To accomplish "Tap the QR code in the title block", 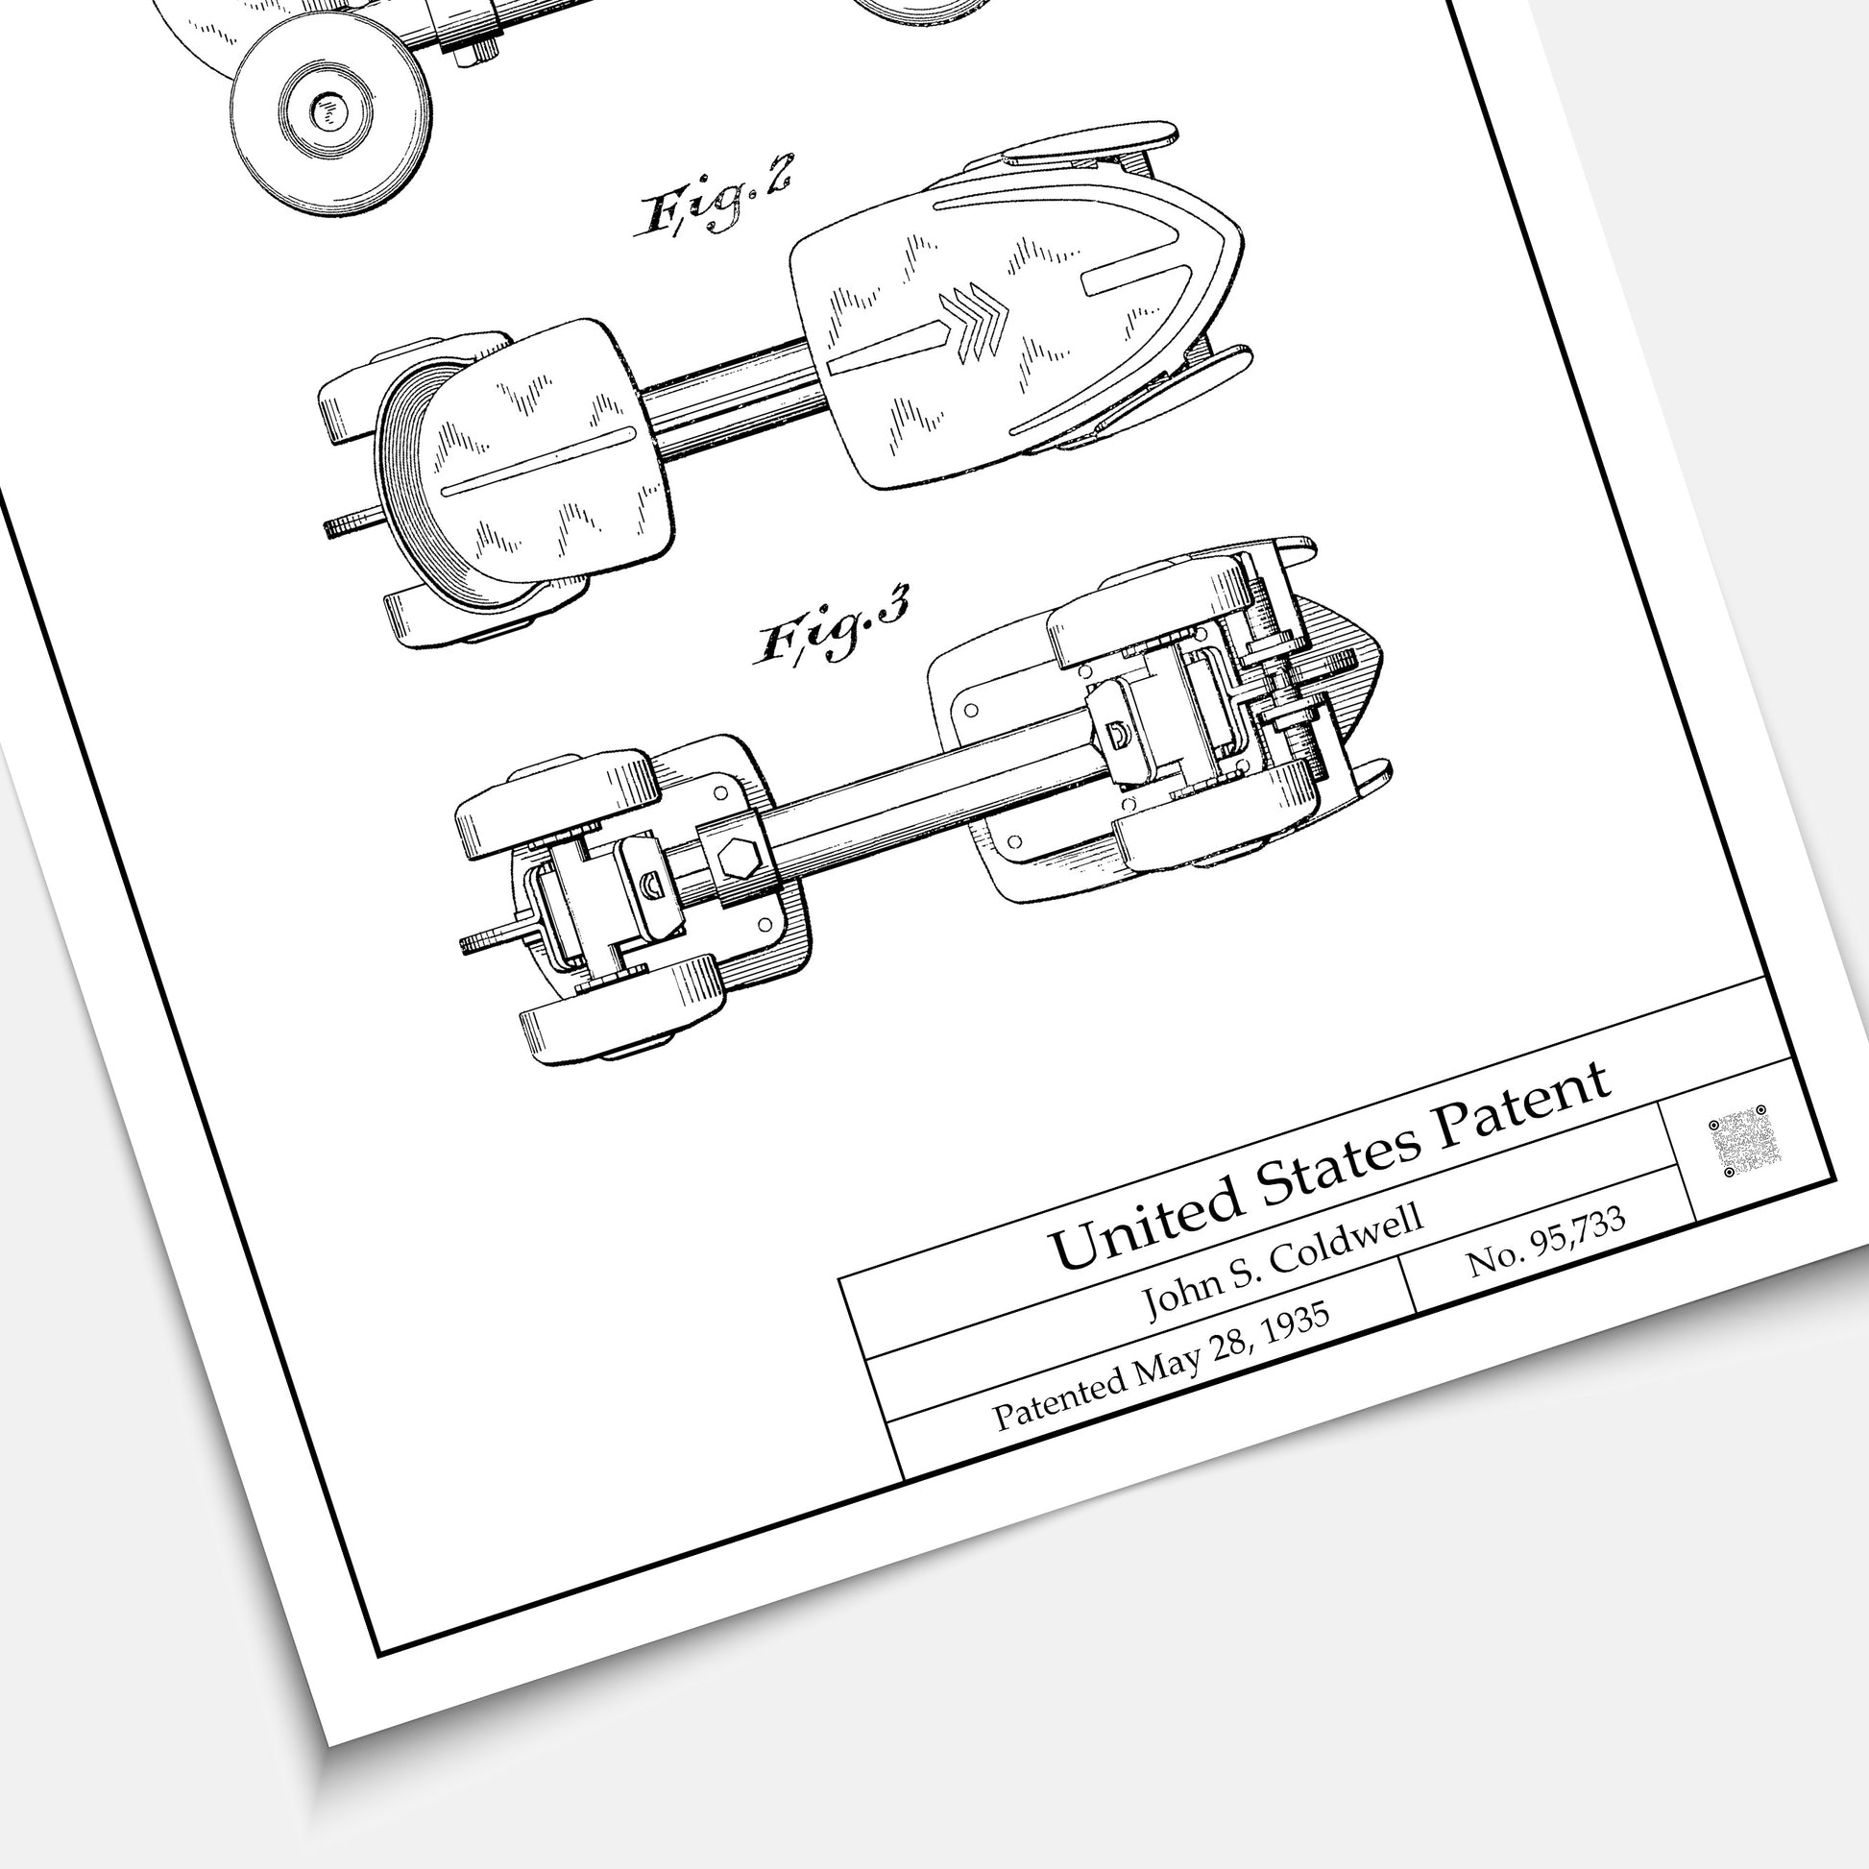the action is pos(1737,1142).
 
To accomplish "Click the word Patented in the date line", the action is pos(1060,1396).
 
